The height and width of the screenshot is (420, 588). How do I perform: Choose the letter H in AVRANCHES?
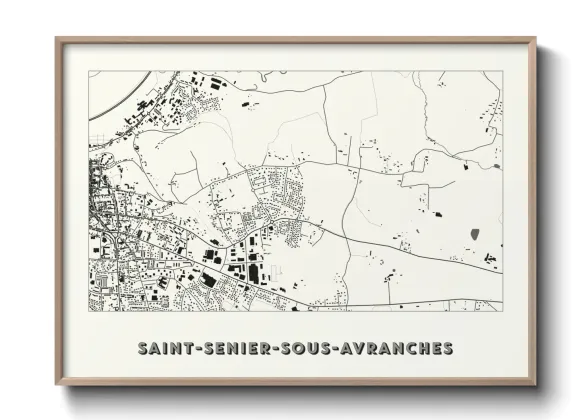tap(418, 349)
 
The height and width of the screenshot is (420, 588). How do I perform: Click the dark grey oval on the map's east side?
tap(474, 234)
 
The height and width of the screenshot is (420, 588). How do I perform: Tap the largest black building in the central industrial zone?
tap(252, 272)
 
